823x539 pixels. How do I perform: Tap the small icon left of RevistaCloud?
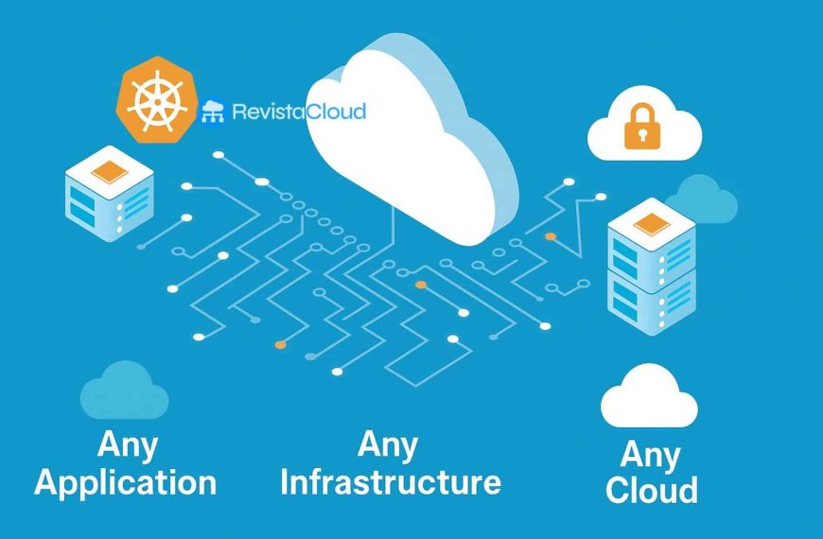[213, 113]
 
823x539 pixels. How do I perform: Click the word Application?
[125, 482]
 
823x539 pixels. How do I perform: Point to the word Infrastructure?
[390, 482]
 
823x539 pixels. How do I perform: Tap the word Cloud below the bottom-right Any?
[652, 491]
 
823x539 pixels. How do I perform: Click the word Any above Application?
[127, 444]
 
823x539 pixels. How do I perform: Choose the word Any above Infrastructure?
[389, 443]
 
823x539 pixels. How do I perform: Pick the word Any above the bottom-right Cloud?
[650, 455]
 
